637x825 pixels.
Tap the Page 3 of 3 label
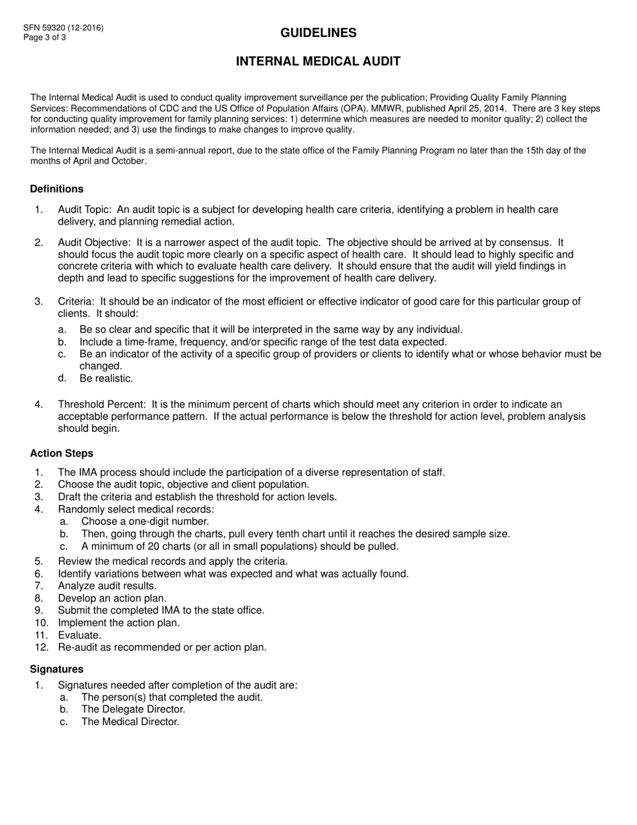45,38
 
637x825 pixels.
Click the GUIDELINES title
318,33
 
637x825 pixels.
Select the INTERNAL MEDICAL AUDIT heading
318,62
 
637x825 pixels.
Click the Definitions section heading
57,189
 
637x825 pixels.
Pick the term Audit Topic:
84,210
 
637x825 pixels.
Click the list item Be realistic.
106,378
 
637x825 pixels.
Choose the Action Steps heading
62,453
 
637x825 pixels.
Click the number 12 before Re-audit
41,647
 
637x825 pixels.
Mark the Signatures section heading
57,669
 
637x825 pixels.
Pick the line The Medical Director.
130,722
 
